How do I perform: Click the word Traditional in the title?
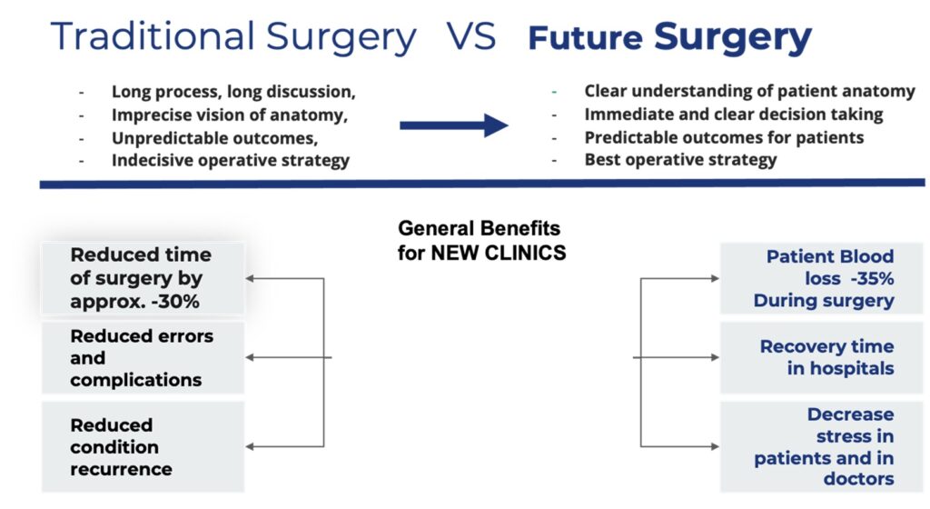pos(153,35)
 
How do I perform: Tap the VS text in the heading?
pos(471,35)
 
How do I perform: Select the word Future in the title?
pos(586,38)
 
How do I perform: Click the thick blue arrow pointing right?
pos(454,125)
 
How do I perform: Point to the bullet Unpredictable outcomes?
pos(214,138)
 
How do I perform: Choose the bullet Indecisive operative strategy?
pos(231,161)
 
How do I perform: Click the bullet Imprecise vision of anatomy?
pos(230,115)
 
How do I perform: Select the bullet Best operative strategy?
pos(680,160)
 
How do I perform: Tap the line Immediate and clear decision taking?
pos(734,114)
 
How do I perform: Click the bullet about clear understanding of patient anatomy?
pos(749,92)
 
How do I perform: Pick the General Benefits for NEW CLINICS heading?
pos(481,240)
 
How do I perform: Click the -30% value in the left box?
pos(175,302)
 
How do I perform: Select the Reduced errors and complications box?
pos(143,358)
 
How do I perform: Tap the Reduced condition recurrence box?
pos(143,446)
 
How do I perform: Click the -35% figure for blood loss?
pos(872,278)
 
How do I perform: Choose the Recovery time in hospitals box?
pos(821,358)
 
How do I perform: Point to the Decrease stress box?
pos(821,446)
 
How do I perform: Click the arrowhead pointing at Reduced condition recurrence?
pos(250,446)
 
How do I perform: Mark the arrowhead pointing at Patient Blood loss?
pos(716,278)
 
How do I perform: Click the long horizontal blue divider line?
pos(482,185)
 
